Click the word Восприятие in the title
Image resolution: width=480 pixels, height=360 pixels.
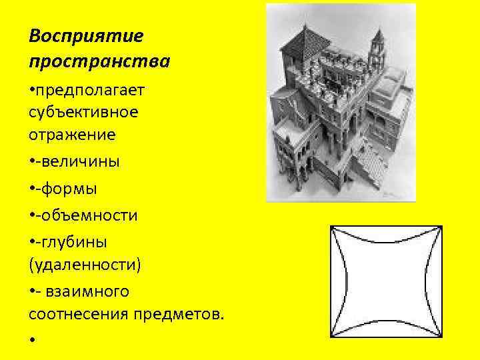click(x=86, y=35)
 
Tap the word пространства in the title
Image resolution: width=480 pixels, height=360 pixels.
click(x=99, y=61)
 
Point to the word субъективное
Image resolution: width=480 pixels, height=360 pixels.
click(x=83, y=111)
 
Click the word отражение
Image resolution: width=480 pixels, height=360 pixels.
click(x=72, y=135)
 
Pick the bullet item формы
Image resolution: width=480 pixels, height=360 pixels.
click(x=69, y=189)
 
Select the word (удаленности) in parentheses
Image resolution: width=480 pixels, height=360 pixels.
click(x=85, y=265)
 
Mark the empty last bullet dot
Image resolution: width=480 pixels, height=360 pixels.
click(x=32, y=340)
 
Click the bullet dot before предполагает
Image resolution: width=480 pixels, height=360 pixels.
click(x=32, y=89)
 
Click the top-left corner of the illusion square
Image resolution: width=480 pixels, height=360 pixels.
click(x=332, y=227)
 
